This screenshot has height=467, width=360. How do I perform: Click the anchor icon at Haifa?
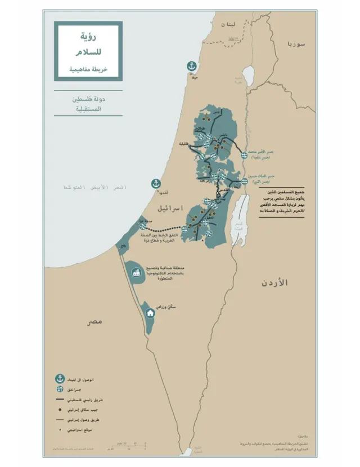pyautogui.click(x=192, y=66)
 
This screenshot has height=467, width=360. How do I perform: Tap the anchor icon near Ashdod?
pyautogui.click(x=156, y=183)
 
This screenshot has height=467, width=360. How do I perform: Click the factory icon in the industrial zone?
pyautogui.click(x=136, y=273)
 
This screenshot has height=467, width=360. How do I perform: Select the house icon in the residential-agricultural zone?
pyautogui.click(x=150, y=313)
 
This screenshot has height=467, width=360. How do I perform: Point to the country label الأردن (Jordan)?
pyautogui.click(x=274, y=282)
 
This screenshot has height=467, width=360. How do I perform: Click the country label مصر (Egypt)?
pyautogui.click(x=93, y=321)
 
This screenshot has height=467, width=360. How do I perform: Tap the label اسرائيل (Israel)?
pyautogui.click(x=169, y=209)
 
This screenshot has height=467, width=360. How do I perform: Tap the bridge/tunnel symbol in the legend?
pyautogui.click(x=58, y=389)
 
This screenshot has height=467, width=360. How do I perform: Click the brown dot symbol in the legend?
pyautogui.click(x=58, y=409)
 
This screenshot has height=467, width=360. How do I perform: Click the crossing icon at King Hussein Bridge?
pyautogui.click(x=245, y=181)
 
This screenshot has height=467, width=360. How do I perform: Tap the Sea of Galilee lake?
pyautogui.click(x=248, y=76)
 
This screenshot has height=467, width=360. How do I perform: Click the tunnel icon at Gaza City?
pyautogui.click(x=144, y=226)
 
